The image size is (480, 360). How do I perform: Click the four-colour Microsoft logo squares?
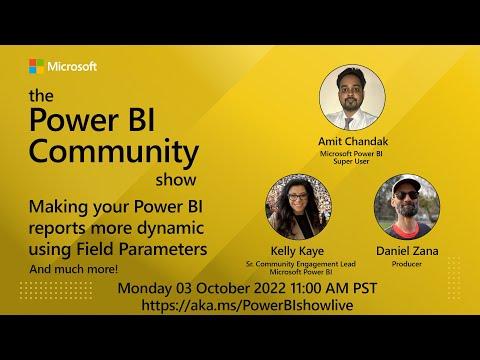click(36, 66)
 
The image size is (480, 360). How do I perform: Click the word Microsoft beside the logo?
click(72, 66)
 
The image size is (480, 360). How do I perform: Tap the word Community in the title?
click(114, 152)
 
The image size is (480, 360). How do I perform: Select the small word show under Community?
click(176, 180)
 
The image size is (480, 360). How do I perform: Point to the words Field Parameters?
click(142, 249)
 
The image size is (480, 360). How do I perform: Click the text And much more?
click(74, 269)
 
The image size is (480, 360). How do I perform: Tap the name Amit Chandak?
click(353, 141)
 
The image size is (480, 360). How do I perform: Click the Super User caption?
click(351, 161)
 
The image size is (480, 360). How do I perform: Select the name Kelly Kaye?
click(297, 251)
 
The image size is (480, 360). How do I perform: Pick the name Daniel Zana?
click(407, 251)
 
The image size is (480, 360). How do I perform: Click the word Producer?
click(407, 264)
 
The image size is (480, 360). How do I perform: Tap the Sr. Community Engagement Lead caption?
click(301, 264)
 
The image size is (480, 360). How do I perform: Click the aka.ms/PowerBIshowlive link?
click(247, 305)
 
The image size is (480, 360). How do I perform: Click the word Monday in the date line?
click(145, 289)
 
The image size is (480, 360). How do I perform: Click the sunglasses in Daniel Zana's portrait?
click(406, 195)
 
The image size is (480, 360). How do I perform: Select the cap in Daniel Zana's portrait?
click(406, 185)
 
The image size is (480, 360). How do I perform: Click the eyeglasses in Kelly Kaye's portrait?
click(297, 197)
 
